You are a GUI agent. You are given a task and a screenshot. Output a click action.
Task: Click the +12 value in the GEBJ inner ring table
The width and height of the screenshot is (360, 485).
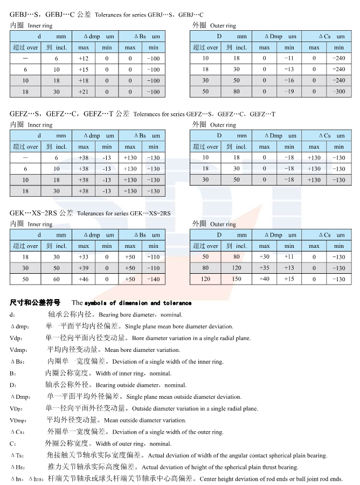tap(84, 58)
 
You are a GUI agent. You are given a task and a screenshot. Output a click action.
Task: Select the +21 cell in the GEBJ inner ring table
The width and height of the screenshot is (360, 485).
tap(84, 92)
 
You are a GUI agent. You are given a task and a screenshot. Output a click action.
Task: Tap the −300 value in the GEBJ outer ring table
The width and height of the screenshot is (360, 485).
tap(338, 92)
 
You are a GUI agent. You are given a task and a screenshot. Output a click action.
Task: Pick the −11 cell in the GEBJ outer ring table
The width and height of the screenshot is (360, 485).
tap(289, 58)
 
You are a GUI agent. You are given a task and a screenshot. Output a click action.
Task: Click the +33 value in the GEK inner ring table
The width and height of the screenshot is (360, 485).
tap(84, 257)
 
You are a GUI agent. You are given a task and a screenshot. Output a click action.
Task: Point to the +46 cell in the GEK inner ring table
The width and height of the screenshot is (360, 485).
tap(84, 280)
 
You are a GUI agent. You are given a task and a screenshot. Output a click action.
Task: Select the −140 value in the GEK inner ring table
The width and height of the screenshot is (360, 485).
tap(154, 280)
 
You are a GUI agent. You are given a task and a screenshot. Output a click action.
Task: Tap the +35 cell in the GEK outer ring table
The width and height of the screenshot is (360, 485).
tap(265, 268)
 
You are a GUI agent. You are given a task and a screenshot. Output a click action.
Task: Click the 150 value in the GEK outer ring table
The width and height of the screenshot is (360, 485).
tap(237, 279)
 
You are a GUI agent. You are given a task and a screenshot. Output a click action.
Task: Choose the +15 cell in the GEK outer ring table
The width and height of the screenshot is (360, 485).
tap(289, 279)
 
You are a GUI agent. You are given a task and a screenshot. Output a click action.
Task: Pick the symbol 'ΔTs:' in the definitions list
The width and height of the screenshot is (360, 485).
tap(17, 455)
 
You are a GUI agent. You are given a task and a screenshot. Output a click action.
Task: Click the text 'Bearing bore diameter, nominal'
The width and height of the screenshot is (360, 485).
tap(141, 315)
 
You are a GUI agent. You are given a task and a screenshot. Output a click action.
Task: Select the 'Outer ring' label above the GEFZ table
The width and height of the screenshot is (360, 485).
tap(223, 125)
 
